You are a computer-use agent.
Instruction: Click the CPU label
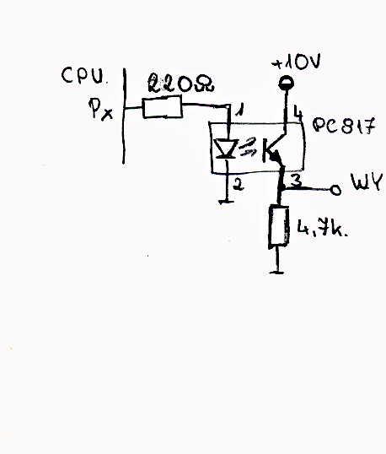coord(83,76)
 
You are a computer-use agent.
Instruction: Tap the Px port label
coord(100,109)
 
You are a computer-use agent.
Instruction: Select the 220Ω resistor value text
coord(180,84)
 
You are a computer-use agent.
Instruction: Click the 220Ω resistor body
coord(163,108)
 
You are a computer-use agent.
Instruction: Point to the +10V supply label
coord(296,62)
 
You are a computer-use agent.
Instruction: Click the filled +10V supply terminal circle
coord(287,84)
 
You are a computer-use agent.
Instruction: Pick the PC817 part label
coord(344,126)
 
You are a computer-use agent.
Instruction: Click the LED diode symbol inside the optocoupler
coord(228,149)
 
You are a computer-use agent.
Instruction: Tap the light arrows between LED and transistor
coord(248,147)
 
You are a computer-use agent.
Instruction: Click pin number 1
coord(240,110)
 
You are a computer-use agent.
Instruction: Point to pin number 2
coord(239,184)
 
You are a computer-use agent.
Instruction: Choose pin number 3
coord(296,181)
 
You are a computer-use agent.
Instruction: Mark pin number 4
coord(298,112)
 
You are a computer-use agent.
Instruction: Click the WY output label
coord(367,181)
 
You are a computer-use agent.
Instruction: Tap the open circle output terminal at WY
coord(335,190)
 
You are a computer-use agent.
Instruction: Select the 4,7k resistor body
coord(279,226)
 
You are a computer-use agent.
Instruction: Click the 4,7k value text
coord(321,229)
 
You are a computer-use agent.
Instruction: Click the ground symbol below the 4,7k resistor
coord(277,272)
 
